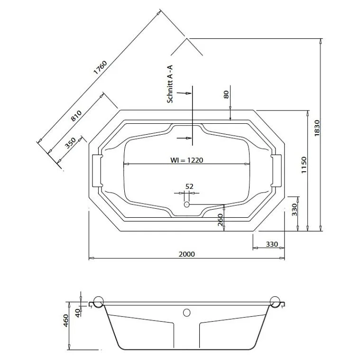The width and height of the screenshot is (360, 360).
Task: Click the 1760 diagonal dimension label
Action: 100,67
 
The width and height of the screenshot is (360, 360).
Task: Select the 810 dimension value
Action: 76,116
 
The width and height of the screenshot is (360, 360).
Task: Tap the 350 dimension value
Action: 70,143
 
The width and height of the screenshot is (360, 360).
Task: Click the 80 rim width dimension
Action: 226,94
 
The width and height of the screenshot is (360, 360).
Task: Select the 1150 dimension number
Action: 304,165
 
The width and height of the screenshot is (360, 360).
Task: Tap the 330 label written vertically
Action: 294,209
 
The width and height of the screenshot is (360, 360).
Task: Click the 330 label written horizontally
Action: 271,244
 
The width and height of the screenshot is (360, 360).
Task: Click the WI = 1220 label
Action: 186,160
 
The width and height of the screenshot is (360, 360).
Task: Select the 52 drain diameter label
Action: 189,186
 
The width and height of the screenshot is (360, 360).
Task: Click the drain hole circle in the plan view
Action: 186,204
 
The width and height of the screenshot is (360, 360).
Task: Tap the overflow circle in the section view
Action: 186,313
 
